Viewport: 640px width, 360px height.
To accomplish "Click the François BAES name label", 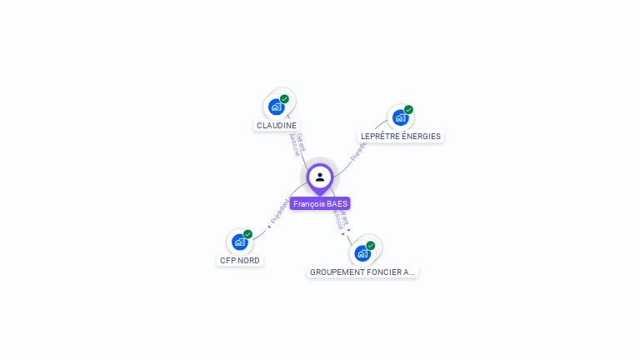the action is click(320, 203).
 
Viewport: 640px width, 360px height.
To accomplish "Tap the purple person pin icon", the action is click(320, 177).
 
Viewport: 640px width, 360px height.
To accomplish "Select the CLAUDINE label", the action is click(277, 125).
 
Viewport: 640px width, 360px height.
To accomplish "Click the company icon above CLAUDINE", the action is click(276, 107).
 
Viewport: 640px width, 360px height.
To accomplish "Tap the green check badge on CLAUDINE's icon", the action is click(284, 99).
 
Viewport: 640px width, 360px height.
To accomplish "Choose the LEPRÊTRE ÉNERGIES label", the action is click(401, 136).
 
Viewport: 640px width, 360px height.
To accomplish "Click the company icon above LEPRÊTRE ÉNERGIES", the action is click(400, 117).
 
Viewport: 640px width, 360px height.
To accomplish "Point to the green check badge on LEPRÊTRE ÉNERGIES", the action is click(408, 110).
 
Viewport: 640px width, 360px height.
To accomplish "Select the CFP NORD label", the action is click(240, 260).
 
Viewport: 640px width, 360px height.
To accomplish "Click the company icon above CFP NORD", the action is click(240, 242).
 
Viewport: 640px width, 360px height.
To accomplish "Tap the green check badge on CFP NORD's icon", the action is click(247, 234).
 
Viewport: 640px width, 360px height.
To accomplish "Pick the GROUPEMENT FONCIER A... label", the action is click(362, 272).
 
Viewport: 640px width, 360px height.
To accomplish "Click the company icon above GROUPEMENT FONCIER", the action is click(362, 253).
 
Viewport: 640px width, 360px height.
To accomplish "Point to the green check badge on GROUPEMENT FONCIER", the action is click(370, 246).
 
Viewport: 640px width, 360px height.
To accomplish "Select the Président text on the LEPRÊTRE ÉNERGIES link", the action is click(359, 150).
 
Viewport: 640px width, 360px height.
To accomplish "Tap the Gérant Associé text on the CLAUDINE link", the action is click(297, 144).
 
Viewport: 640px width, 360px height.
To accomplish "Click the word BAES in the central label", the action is click(337, 203).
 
